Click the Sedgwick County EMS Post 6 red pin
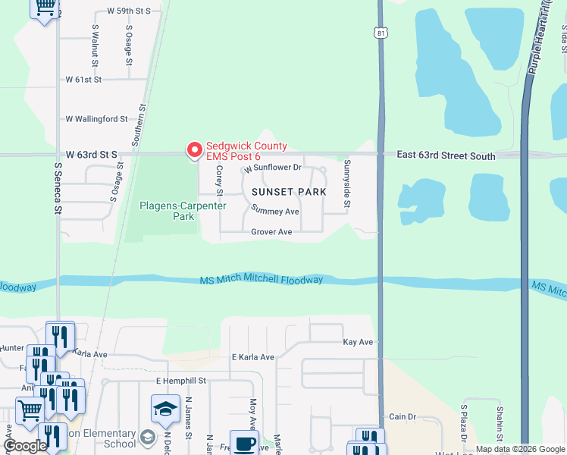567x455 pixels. click(x=195, y=150)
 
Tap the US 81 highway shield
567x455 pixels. click(x=380, y=33)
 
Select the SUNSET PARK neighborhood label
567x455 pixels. click(x=289, y=192)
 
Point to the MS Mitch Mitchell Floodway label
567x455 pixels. click(x=262, y=280)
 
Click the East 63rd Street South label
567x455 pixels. click(x=446, y=156)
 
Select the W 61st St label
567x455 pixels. click(x=83, y=79)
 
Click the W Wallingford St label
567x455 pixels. click(x=96, y=119)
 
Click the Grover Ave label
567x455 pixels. click(x=271, y=232)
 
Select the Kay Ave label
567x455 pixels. click(x=358, y=343)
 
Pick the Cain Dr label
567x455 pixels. click(x=403, y=417)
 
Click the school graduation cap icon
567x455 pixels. click(x=165, y=410)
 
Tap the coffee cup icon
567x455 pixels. click(x=244, y=444)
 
